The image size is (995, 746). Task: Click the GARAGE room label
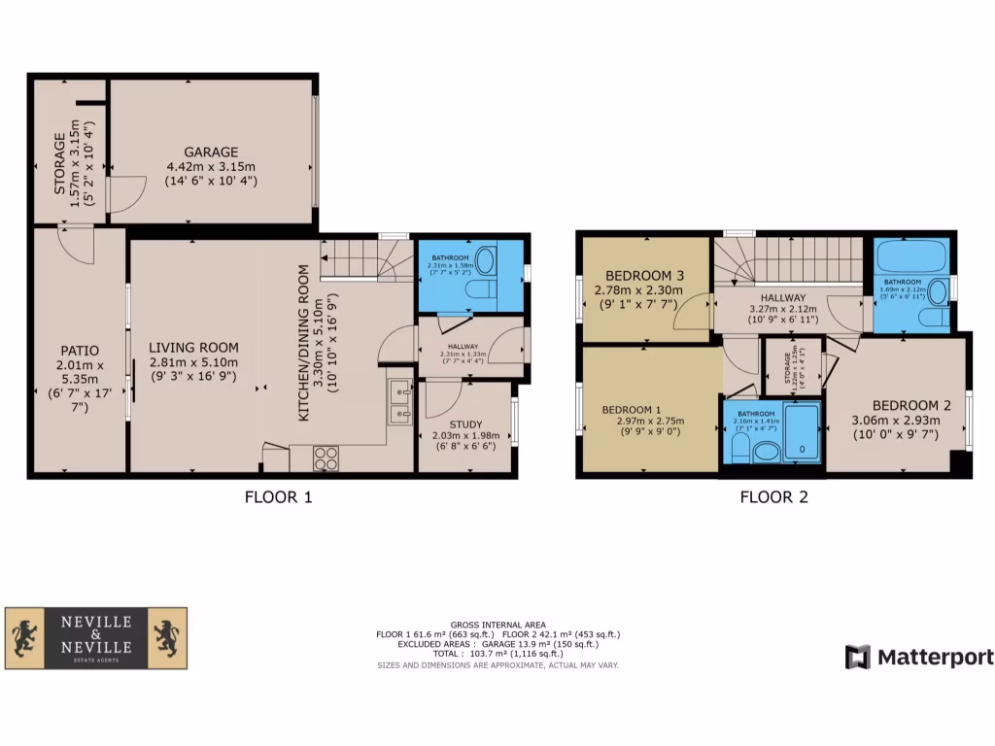point(211,152)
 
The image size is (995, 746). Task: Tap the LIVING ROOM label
point(193,348)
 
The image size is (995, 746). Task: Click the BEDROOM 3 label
point(645,276)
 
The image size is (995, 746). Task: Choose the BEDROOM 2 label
point(905,405)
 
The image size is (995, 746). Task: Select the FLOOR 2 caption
point(773,497)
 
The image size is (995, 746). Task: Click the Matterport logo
point(919,658)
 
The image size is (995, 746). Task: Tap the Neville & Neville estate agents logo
point(96,638)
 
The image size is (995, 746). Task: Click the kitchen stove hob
point(326,458)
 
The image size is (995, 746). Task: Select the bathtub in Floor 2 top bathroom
point(911,258)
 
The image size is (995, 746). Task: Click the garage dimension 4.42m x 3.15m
point(211,167)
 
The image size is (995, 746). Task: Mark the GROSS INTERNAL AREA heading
point(497,625)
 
